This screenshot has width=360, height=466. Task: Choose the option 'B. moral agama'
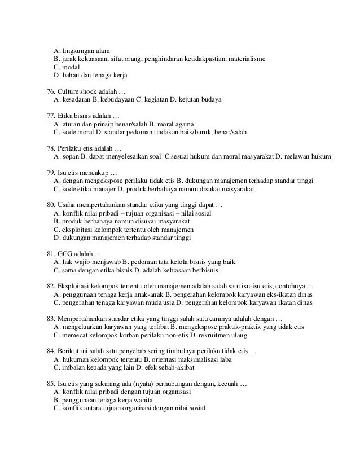click(170, 124)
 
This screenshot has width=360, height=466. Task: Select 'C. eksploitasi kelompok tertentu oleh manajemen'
click(124, 230)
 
